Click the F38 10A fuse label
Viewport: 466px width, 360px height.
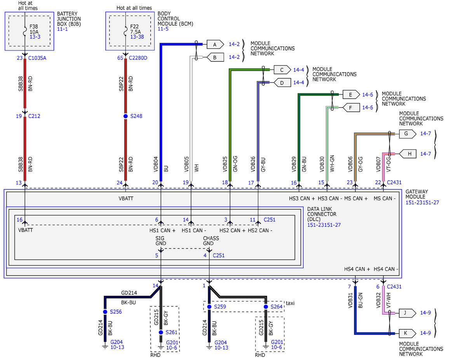(x=34, y=29)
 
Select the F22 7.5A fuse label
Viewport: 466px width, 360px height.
(x=135, y=29)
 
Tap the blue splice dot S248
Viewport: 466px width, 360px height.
(x=125, y=116)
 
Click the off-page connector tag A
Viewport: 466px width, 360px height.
(x=215, y=45)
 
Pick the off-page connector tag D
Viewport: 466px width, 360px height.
(x=282, y=83)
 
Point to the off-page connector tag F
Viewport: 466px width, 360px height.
(x=351, y=108)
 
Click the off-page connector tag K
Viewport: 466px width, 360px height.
(x=407, y=333)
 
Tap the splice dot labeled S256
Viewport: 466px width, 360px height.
(x=105, y=312)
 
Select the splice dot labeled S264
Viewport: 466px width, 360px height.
(x=266, y=307)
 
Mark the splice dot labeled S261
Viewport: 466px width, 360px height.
(x=161, y=332)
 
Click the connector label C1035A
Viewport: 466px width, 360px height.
(x=37, y=58)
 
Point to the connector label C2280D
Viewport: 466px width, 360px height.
(x=138, y=58)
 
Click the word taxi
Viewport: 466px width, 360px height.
(x=290, y=303)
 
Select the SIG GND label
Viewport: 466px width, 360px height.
(x=161, y=241)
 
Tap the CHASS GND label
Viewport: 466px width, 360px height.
(x=211, y=241)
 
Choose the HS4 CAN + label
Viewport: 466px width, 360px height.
(x=357, y=269)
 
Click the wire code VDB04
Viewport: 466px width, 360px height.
(x=156, y=164)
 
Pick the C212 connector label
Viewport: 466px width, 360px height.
(x=34, y=116)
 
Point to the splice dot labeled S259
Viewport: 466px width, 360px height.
(x=209, y=307)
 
